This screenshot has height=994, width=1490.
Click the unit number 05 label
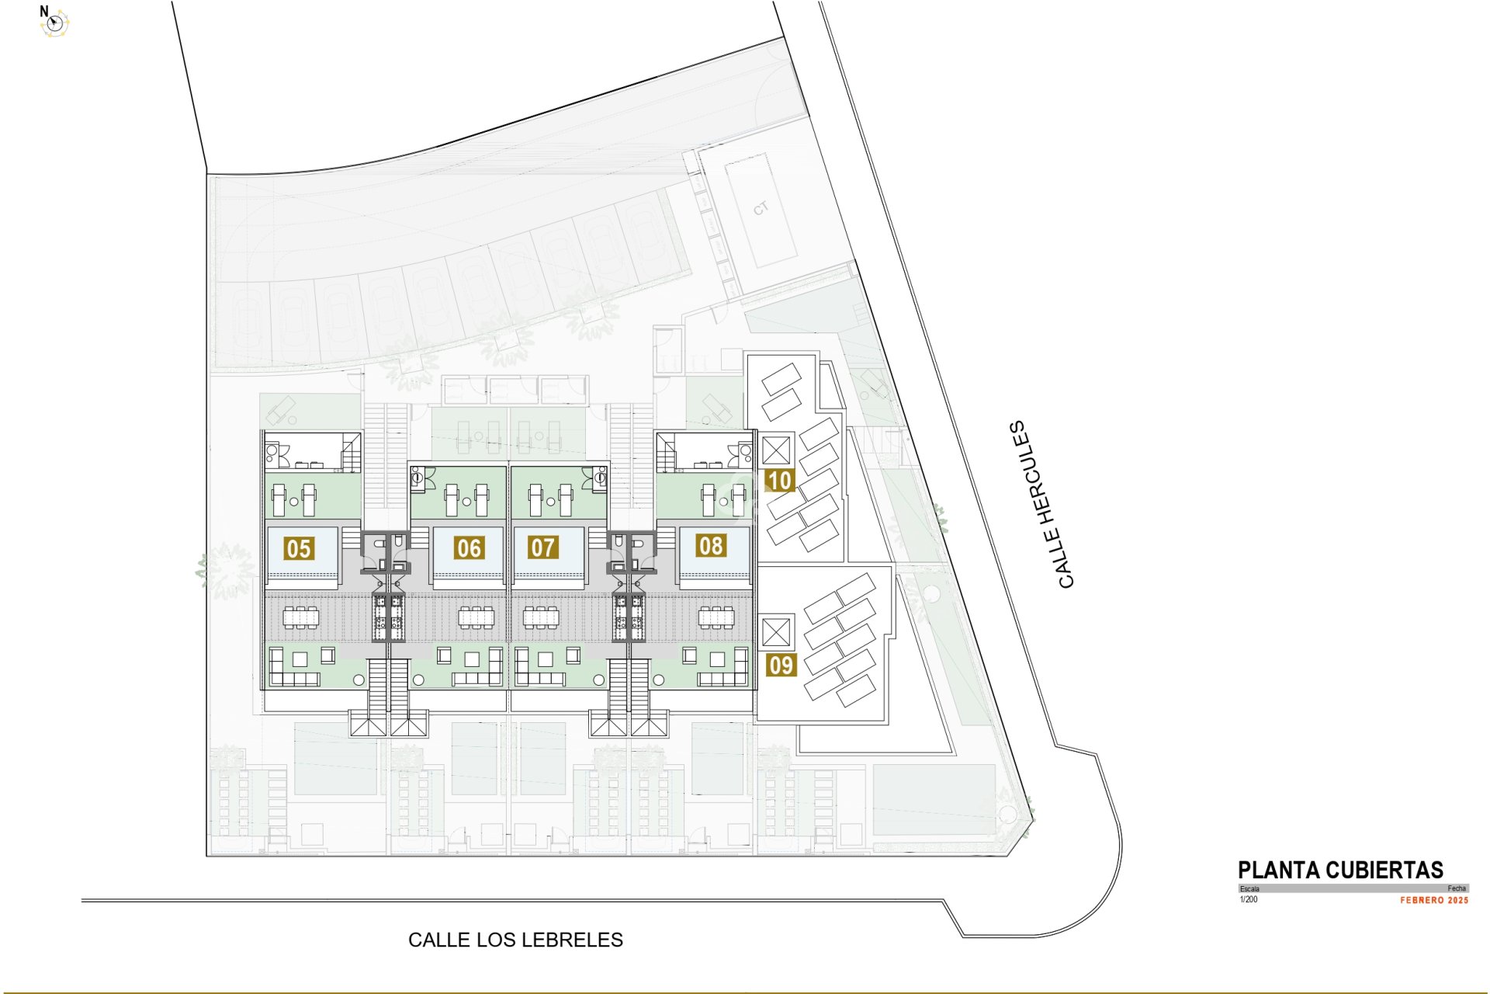click(x=299, y=548)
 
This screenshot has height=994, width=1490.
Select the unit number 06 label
click(x=469, y=548)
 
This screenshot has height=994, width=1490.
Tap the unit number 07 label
click(x=542, y=547)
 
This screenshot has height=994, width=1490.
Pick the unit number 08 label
click(x=711, y=546)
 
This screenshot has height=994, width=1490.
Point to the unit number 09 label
click(x=781, y=666)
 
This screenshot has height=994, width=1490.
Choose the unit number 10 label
click(x=779, y=481)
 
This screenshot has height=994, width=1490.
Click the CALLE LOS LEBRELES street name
click(x=515, y=940)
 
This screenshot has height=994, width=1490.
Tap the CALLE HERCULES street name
click(x=1044, y=505)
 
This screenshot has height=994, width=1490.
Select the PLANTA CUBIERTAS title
click(x=1340, y=870)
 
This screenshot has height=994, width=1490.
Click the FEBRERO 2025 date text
click(x=1434, y=901)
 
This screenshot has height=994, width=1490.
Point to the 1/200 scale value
click(x=1249, y=900)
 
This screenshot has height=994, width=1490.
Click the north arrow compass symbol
click(x=54, y=23)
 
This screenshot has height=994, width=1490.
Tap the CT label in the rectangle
click(x=761, y=208)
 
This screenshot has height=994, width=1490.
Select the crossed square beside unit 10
click(x=776, y=450)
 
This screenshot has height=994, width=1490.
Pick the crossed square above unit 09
click(x=776, y=632)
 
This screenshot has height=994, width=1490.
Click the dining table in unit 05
click(x=300, y=618)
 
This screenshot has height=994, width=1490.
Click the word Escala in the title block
click(x=1249, y=888)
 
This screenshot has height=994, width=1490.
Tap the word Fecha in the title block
click(x=1456, y=888)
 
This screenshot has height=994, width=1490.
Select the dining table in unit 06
click(x=476, y=618)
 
